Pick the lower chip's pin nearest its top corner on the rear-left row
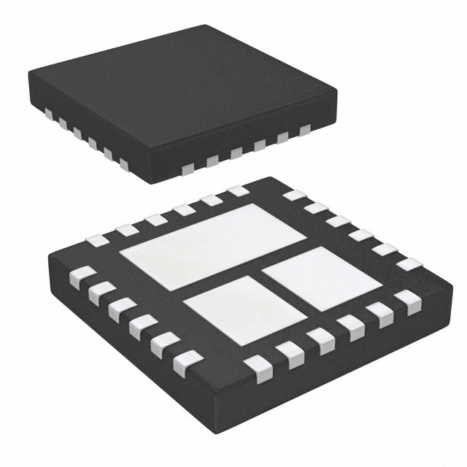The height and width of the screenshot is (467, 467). point(237,191)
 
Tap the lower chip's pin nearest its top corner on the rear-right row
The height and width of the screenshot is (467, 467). point(293,196)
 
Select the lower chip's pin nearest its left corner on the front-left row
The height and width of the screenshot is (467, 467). point(79,277)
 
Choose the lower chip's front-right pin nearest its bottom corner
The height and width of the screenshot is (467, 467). point(256,364)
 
